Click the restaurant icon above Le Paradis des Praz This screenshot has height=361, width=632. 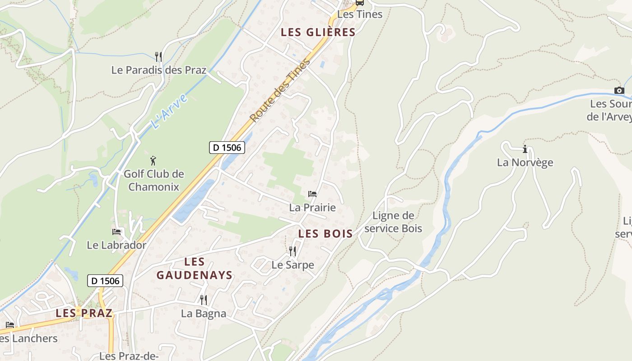[x=158, y=57]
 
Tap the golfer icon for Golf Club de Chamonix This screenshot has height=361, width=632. [x=153, y=161]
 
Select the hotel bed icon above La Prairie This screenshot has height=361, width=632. [x=312, y=194]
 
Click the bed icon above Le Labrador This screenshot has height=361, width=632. [x=116, y=232]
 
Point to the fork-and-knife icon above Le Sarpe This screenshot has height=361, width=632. [x=293, y=251]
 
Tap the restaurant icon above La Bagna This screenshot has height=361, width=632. [x=204, y=300]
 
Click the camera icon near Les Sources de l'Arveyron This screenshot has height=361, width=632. [x=619, y=90]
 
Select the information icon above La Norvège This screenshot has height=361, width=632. [x=525, y=149]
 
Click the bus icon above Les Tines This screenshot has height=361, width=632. [x=359, y=2]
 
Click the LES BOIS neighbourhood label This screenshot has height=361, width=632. [x=325, y=234]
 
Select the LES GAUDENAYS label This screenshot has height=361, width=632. [x=195, y=268]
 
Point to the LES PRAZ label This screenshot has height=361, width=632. [x=84, y=313]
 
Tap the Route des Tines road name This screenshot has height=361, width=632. [x=280, y=91]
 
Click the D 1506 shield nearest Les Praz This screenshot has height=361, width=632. [x=105, y=281]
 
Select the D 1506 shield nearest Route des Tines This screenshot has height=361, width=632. [x=227, y=147]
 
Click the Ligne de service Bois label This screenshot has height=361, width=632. [x=393, y=222]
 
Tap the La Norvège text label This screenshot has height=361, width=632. [x=525, y=162]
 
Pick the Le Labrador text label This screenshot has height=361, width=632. [x=116, y=245]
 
